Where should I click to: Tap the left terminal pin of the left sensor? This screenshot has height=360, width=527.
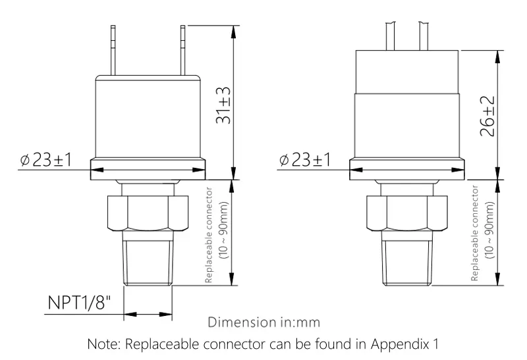point(113,50)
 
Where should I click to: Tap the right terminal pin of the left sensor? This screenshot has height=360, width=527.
point(180,50)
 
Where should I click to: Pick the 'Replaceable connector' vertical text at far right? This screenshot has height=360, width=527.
point(475,233)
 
